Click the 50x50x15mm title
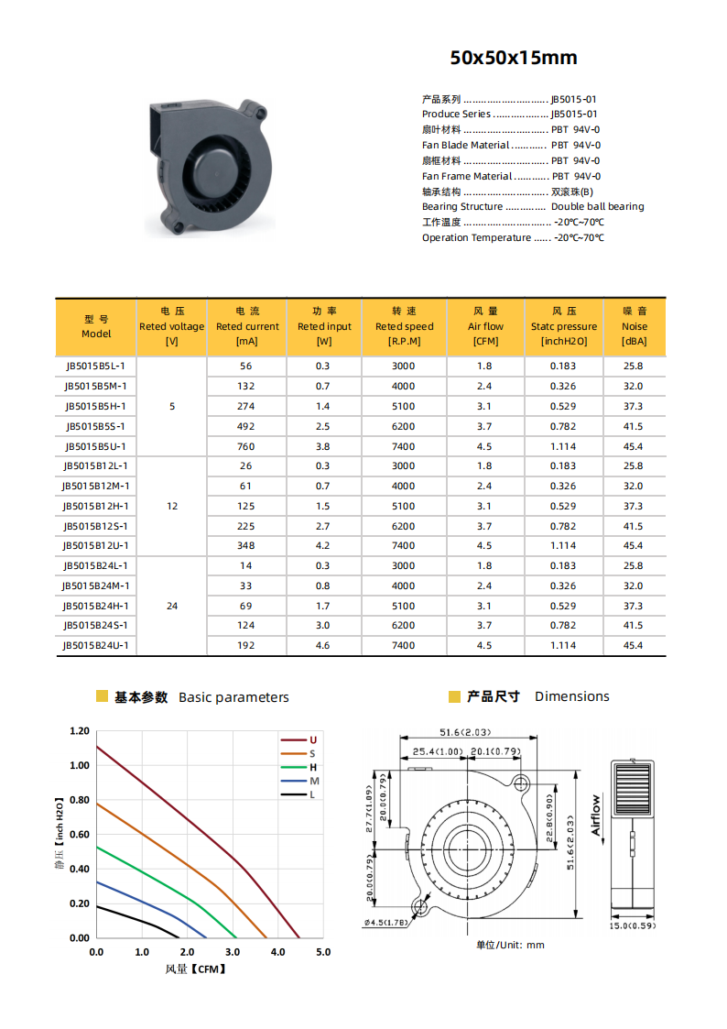point(513,58)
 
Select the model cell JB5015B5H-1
point(95,406)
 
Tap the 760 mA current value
point(246,446)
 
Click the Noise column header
point(634,326)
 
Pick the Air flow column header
point(485,326)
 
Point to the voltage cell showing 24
point(172,606)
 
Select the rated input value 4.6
point(323,645)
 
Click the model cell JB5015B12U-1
point(95,545)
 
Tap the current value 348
point(246,545)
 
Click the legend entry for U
point(312,739)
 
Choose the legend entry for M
point(313,781)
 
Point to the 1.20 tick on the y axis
point(80,731)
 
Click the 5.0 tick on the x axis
point(323,952)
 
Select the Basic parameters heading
point(233,697)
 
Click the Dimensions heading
point(571,696)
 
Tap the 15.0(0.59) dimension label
point(633,925)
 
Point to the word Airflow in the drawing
point(596,815)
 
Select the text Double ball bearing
point(597,207)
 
